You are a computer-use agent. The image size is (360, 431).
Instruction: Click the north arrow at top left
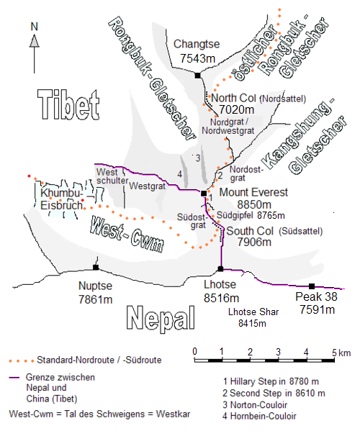tap(33, 44)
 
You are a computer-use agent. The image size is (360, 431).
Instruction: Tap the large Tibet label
tap(67, 105)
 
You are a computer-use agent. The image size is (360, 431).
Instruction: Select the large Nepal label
tap(160, 317)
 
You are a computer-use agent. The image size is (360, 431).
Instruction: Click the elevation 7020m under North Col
tap(234, 109)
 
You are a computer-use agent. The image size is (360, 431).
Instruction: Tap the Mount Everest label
tap(253, 192)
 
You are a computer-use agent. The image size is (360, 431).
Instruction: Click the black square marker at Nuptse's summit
tap(95, 268)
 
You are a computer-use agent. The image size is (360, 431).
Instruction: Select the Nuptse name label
tap(95, 285)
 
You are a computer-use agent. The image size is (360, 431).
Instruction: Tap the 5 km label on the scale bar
tap(338, 352)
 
